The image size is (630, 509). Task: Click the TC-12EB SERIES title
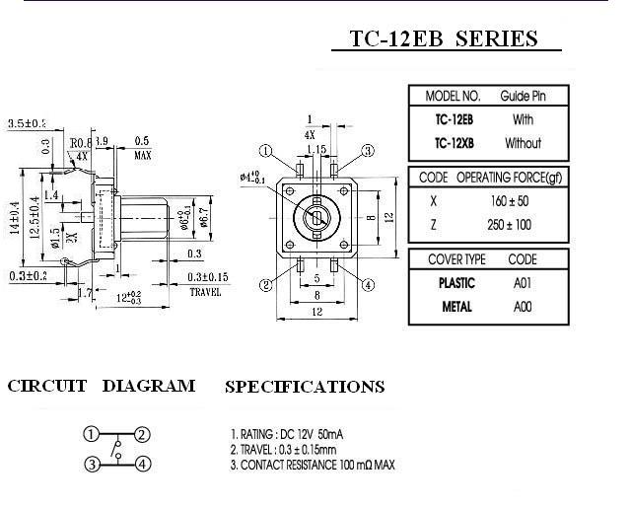[445, 39]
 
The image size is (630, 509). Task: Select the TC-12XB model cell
[454, 143]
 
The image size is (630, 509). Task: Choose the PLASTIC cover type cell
[456, 282]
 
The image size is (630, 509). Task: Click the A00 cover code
[523, 307]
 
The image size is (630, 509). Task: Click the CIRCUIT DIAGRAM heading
[101, 386]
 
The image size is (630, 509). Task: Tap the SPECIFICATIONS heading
[305, 387]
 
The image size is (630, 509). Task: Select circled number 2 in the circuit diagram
[143, 435]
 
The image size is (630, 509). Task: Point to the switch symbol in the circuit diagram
[116, 450]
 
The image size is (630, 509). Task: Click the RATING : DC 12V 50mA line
[286, 434]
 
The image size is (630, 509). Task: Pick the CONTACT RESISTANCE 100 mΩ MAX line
[312, 464]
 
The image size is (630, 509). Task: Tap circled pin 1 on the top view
[263, 151]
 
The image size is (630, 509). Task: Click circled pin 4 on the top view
[368, 286]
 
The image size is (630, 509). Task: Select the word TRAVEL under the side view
[205, 292]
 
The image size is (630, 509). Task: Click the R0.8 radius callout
[81, 143]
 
